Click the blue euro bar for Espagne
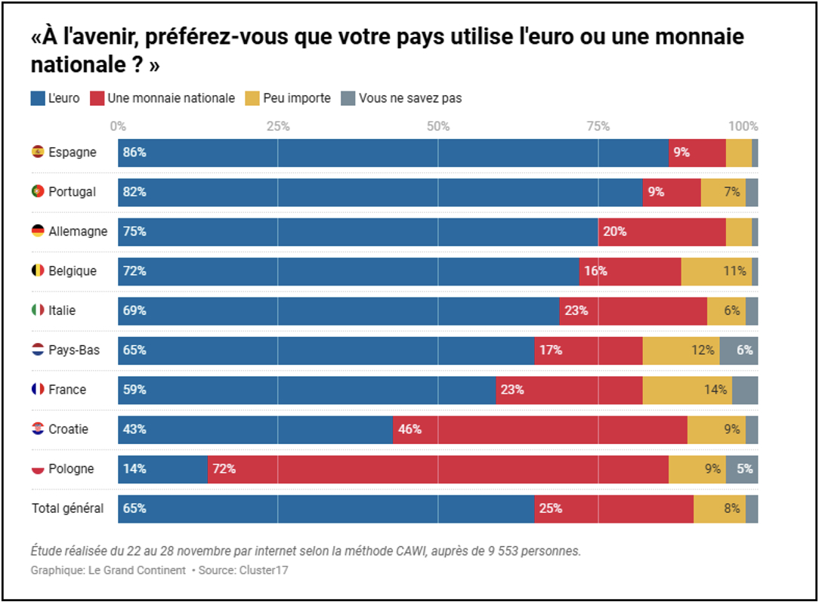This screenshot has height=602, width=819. click(393, 153)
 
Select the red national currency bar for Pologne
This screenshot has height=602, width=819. click(438, 469)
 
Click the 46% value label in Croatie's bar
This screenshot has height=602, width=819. click(409, 430)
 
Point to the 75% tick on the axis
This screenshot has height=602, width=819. click(598, 126)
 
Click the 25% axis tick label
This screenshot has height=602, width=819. click(278, 126)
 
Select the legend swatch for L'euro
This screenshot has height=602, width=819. click(37, 98)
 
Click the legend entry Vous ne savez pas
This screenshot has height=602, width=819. click(410, 98)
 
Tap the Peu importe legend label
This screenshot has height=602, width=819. click(297, 98)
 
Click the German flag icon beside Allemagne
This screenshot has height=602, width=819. click(38, 231)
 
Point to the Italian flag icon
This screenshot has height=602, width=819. click(38, 310)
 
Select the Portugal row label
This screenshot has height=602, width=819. click(72, 192)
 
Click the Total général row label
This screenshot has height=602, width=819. click(67, 508)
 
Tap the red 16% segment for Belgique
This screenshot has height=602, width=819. click(630, 271)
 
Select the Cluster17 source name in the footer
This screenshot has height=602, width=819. click(264, 570)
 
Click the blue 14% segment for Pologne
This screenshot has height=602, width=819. click(162, 469)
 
